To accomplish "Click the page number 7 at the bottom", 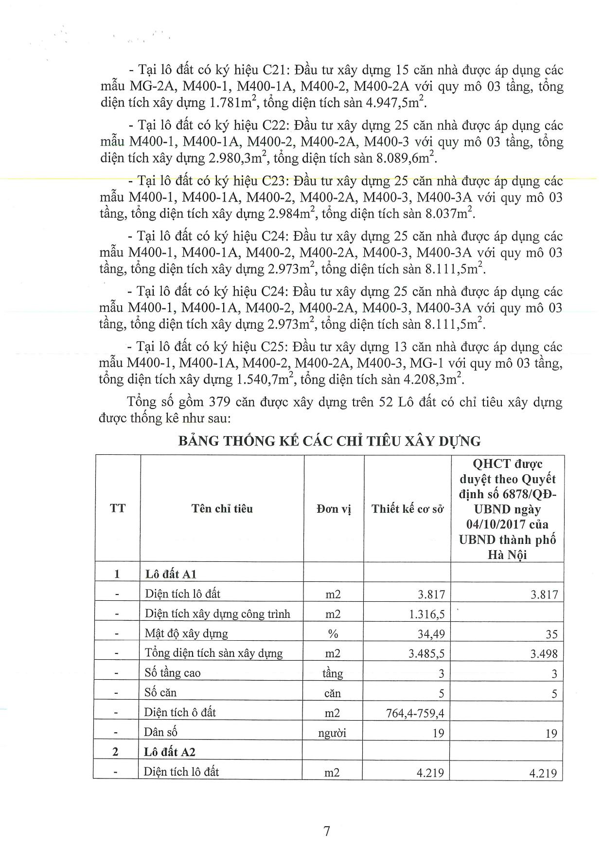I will pyautogui.click(x=327, y=830).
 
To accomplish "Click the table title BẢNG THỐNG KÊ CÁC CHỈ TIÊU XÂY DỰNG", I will pyautogui.click(x=329, y=441).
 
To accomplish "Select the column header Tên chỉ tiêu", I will pyautogui.click(x=222, y=509).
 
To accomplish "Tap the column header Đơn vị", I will pyautogui.click(x=334, y=509).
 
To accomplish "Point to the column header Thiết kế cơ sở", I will pyautogui.click(x=408, y=509).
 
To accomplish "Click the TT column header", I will pyautogui.click(x=118, y=509).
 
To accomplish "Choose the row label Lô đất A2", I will pyautogui.click(x=170, y=752).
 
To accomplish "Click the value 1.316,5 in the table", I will pyautogui.click(x=427, y=614).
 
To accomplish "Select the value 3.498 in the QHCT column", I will pyautogui.click(x=544, y=654).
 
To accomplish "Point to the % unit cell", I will pyautogui.click(x=333, y=633).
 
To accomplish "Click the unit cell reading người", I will pyautogui.click(x=333, y=732).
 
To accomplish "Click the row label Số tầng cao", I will pyautogui.click(x=173, y=673).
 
